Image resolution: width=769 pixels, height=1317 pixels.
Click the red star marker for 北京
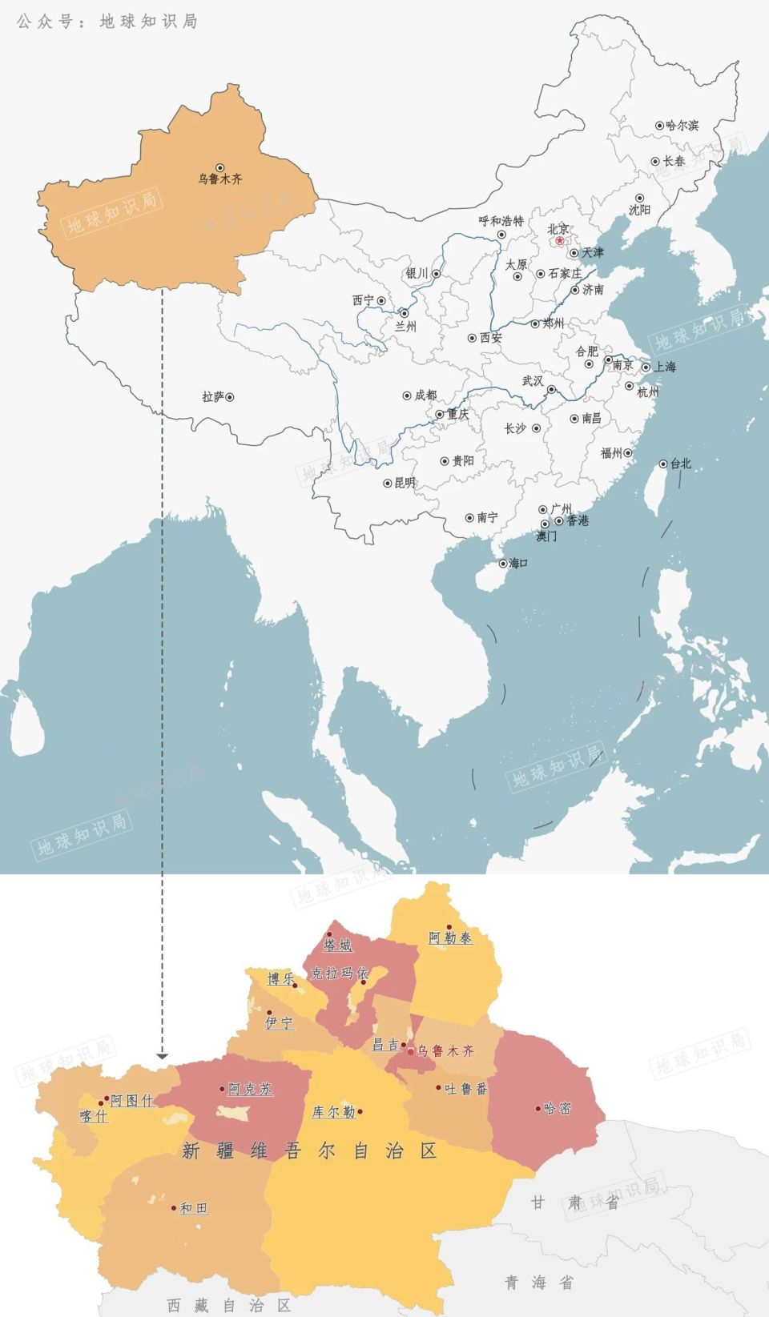point(559,241)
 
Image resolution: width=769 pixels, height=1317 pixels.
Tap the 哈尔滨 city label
point(682,126)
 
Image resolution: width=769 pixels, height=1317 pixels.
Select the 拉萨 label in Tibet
point(212,396)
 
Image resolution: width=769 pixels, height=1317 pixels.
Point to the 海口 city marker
point(503,564)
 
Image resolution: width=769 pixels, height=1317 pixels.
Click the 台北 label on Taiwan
point(680,464)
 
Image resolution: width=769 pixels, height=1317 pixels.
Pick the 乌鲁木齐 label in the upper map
point(220,179)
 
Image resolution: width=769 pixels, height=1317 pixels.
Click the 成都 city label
point(425,395)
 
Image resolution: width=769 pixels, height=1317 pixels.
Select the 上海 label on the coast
point(665,367)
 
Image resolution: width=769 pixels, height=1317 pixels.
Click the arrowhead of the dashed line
point(162,1056)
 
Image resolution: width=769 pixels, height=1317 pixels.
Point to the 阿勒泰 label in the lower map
point(450,938)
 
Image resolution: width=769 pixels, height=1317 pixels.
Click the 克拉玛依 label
point(339,973)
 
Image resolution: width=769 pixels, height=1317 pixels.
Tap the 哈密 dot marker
point(538,1109)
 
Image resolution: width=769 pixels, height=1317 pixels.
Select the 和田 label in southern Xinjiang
point(193,1208)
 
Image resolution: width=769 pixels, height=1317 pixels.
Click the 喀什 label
point(94,1115)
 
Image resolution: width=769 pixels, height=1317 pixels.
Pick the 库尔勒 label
point(333,1112)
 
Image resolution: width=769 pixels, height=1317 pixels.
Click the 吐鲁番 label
point(466,1089)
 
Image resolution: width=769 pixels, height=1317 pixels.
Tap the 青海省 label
point(538,1283)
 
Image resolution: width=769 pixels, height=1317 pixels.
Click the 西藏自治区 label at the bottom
point(228,1305)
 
